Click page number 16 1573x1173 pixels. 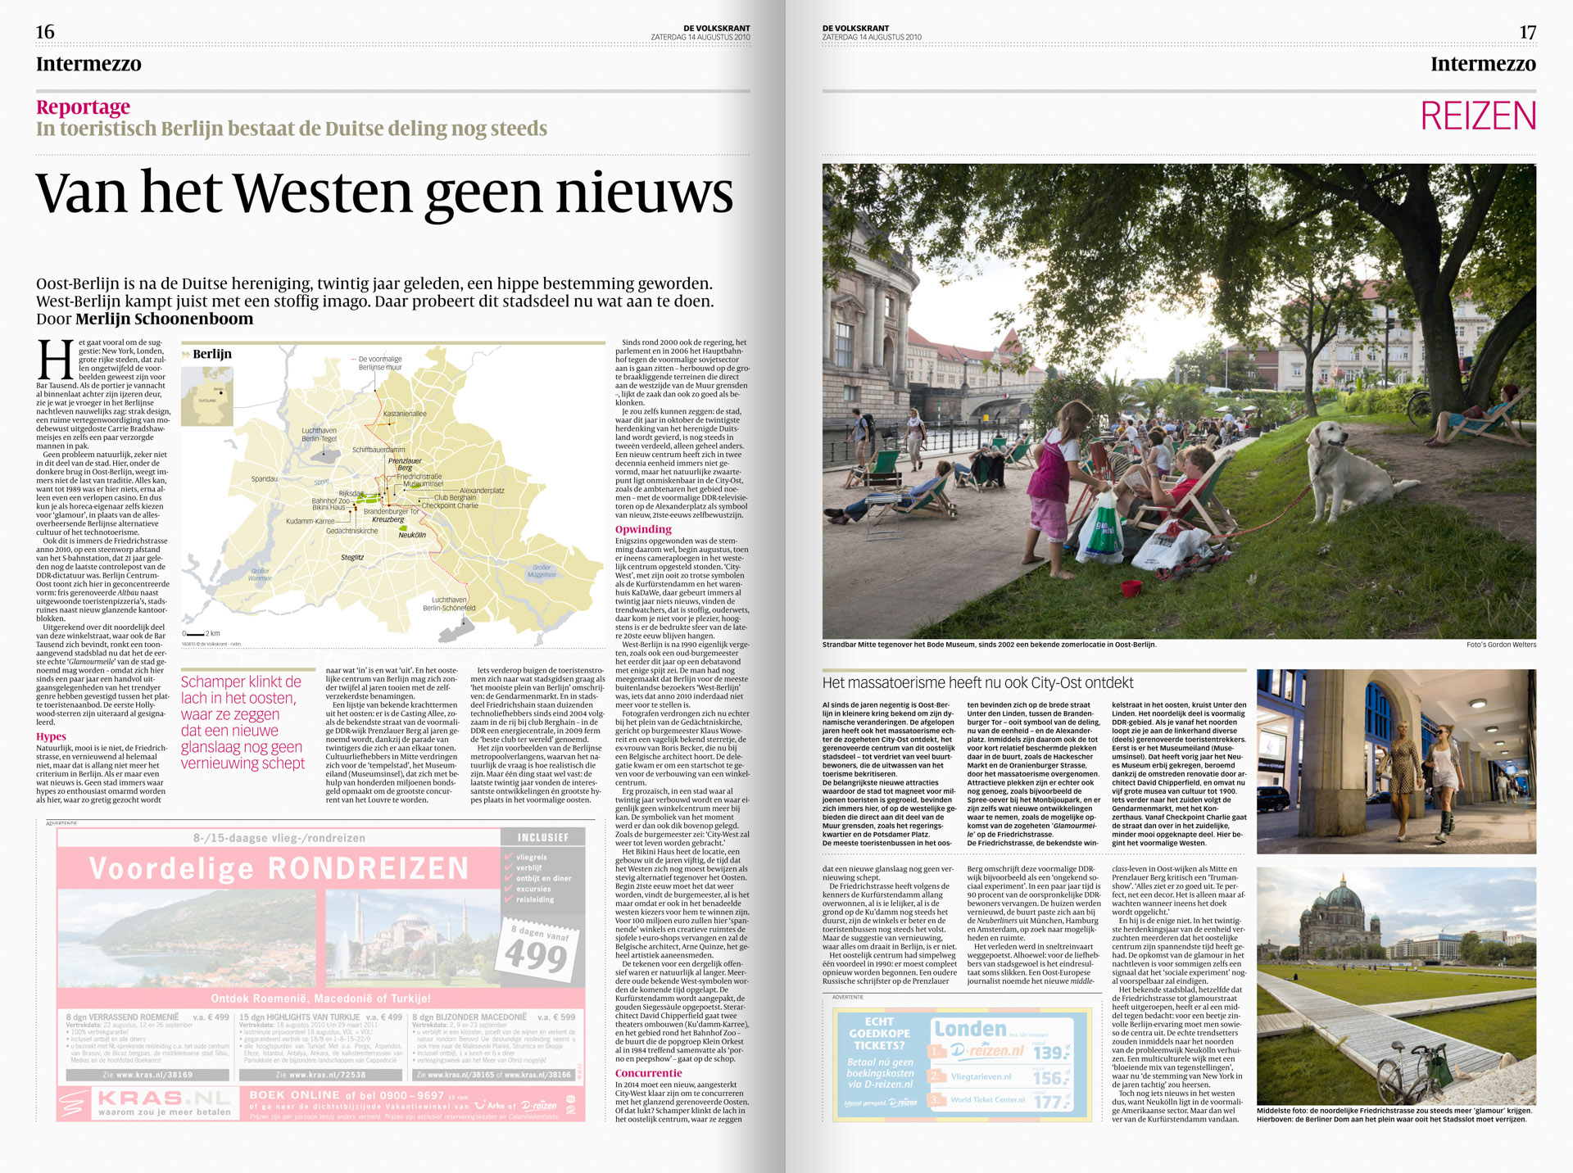click(x=45, y=32)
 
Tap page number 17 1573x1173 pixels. click(x=1527, y=32)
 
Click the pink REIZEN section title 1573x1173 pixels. click(x=1478, y=116)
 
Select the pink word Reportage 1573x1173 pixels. click(x=83, y=107)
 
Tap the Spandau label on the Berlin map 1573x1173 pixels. click(x=264, y=479)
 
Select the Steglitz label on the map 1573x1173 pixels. click(x=352, y=557)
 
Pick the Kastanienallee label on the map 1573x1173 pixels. click(x=404, y=414)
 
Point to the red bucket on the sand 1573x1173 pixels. click(x=1131, y=588)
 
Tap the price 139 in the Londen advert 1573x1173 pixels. click(x=1049, y=1053)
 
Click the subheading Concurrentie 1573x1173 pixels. click(x=648, y=1073)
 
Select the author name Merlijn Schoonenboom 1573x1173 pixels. click(x=164, y=319)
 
